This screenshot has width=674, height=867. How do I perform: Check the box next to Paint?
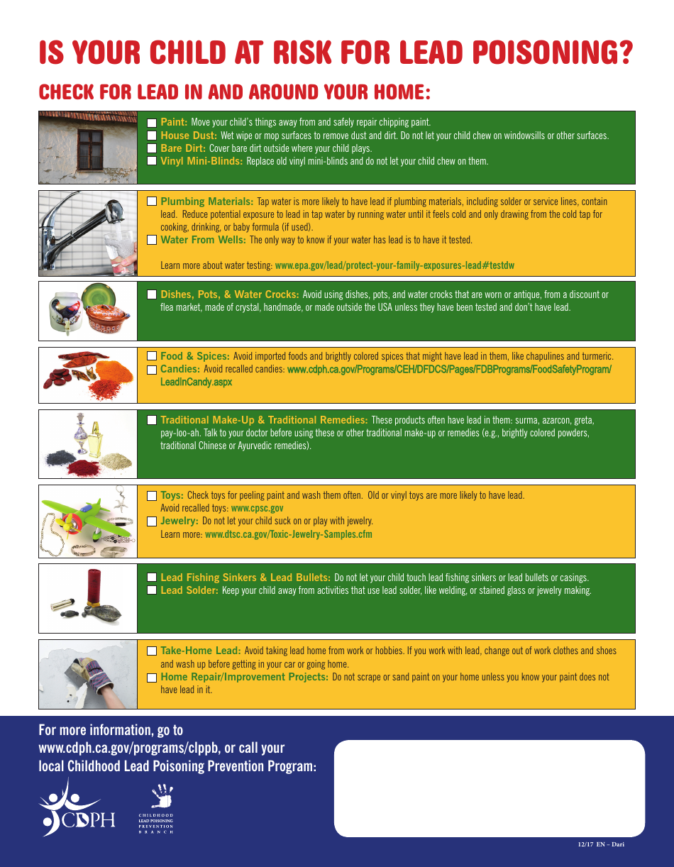(152, 123)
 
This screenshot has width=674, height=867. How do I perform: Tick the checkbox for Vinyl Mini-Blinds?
(152, 161)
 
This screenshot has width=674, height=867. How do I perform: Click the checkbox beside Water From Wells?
(152, 240)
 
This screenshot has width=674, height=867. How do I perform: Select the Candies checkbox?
(152, 370)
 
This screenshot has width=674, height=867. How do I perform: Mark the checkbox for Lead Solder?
(152, 590)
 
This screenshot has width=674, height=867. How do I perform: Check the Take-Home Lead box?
(152, 651)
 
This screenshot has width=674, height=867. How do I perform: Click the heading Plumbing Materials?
(206, 201)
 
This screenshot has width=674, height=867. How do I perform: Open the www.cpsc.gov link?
(257, 508)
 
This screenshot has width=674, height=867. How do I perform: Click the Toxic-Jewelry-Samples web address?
(288, 534)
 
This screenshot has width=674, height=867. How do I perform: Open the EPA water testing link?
(394, 265)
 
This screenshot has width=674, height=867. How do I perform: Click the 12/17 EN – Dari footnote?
(600, 844)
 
